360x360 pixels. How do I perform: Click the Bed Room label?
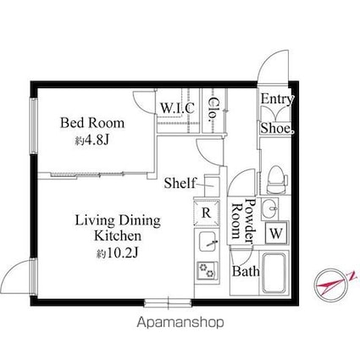92,123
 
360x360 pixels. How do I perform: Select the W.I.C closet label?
177,108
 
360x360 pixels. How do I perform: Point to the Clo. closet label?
213,110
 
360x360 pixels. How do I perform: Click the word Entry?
277,99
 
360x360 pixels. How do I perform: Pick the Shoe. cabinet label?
277,128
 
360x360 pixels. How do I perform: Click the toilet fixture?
277,180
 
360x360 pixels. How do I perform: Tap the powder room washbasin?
269,209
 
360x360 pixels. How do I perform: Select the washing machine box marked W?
276,233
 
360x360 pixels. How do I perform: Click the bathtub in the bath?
274,274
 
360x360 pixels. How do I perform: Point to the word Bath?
246,271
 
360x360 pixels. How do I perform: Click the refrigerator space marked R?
207,213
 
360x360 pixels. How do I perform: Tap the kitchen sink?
208,241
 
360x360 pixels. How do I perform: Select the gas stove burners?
208,270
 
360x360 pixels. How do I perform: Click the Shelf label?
180,183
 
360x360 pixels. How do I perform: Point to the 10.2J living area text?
117,253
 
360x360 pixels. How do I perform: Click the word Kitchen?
118,235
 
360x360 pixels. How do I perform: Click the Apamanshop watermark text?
180,322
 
